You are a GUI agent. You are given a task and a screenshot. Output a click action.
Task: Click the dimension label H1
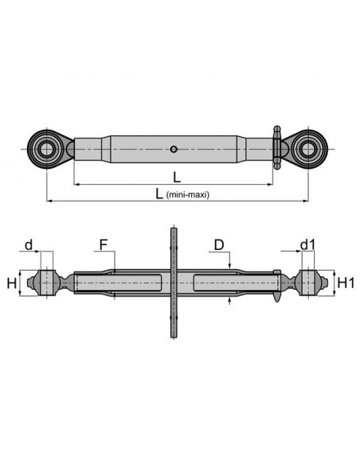[x=346, y=283]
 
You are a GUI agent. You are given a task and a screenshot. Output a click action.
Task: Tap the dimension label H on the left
[x=12, y=283]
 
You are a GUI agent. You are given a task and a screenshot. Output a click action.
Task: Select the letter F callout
[x=103, y=245]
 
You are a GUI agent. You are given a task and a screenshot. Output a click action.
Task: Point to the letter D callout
[x=219, y=245]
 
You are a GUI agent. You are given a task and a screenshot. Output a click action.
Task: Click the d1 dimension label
[x=307, y=245]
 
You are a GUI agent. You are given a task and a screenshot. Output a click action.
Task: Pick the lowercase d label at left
[x=29, y=245]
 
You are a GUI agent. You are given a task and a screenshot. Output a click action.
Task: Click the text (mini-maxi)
[x=188, y=195]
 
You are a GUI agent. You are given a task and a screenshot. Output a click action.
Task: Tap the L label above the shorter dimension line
[x=177, y=178]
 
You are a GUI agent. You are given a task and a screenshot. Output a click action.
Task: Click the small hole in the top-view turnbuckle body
[x=174, y=149]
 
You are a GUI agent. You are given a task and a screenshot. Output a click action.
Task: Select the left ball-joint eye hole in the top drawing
[x=47, y=149]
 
